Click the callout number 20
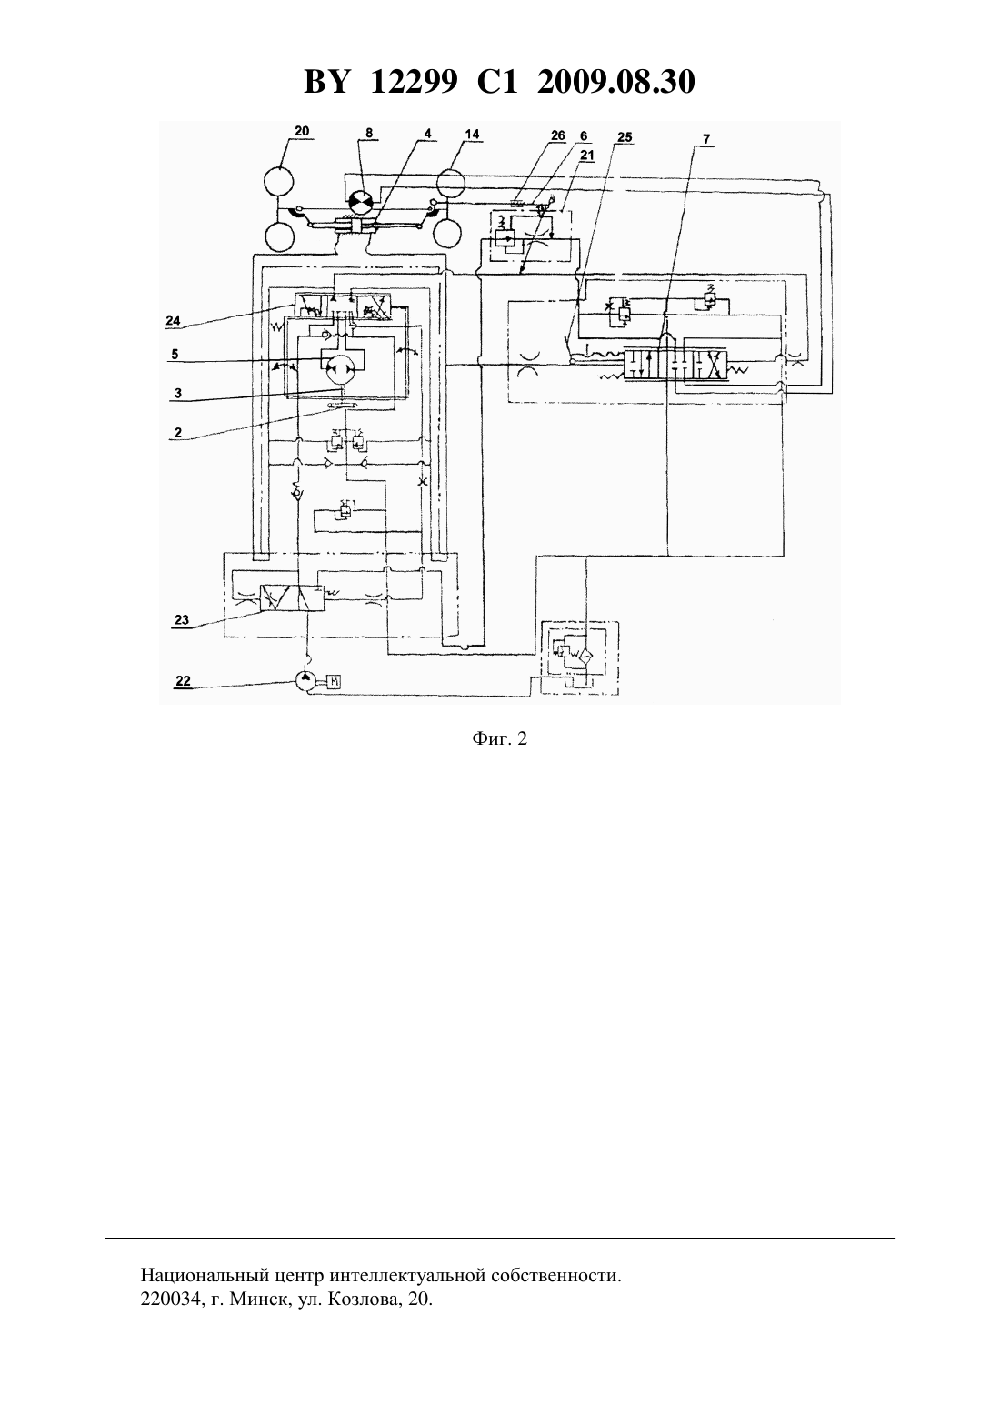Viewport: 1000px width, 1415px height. click(x=302, y=131)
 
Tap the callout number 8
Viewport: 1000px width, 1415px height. click(x=369, y=133)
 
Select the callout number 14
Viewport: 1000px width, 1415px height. click(x=472, y=134)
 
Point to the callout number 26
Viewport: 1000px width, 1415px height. click(x=557, y=135)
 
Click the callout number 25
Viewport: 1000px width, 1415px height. click(x=625, y=137)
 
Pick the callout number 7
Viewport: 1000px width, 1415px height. click(x=706, y=139)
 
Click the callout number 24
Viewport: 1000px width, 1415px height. click(x=173, y=320)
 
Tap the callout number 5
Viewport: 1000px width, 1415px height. click(x=175, y=354)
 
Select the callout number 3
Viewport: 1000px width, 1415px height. click(x=178, y=393)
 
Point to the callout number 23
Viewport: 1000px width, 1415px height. click(x=181, y=619)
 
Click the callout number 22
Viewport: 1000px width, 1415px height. click(x=183, y=680)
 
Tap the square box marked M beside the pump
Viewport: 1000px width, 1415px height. click(x=335, y=681)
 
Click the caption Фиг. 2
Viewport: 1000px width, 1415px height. click(x=499, y=738)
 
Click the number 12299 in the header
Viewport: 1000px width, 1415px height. click(x=414, y=82)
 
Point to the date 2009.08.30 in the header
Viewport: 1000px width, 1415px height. click(x=616, y=82)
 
